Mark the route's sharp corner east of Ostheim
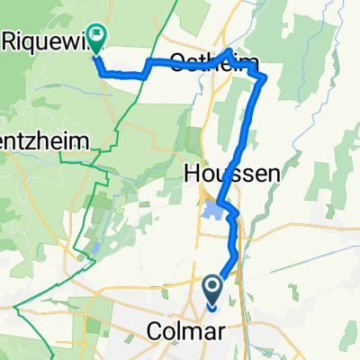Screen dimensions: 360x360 tap(264, 79)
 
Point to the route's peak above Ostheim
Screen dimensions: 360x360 tap(230, 50)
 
